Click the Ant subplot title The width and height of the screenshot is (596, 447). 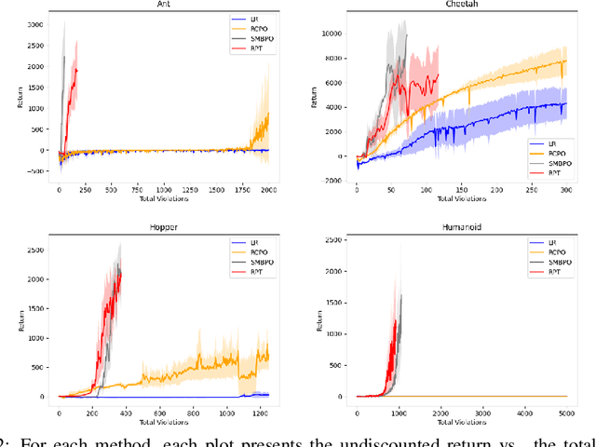coord(164,5)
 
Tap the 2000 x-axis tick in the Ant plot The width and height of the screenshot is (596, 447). coord(267,189)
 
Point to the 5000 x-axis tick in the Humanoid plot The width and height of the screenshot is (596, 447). coord(565,410)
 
